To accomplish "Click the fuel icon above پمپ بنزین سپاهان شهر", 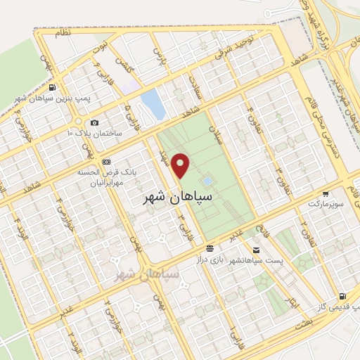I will point(53,88).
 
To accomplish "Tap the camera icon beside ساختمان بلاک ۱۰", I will point(95,123).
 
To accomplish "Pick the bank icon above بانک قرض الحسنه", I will point(107,161).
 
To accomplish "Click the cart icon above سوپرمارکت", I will point(325,193).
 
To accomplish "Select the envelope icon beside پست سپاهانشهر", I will point(255,250).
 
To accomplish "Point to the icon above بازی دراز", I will point(210,248).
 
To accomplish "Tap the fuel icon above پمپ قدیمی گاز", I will point(342,296).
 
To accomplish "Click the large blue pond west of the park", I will point(153,104).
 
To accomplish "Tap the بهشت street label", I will point(303,319).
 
